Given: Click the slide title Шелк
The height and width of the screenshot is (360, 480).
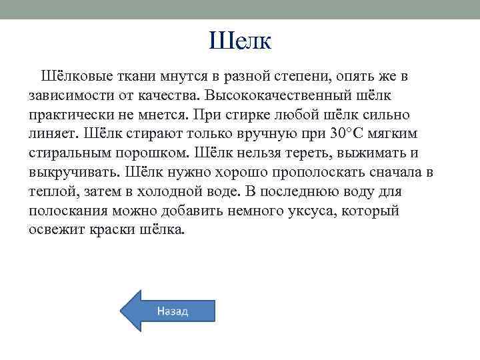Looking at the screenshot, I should [240, 42].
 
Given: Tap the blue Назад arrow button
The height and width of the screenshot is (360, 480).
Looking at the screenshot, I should [168, 311].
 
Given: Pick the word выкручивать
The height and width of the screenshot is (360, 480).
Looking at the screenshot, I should [75, 172].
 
